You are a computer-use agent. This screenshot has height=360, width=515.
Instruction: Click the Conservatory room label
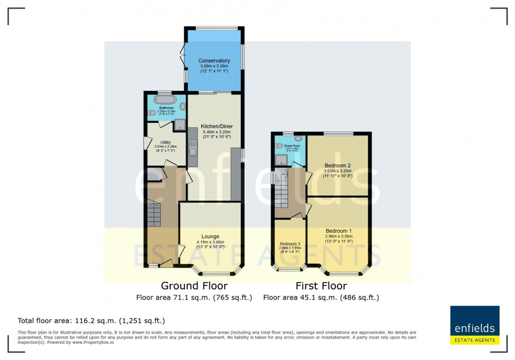[214, 61]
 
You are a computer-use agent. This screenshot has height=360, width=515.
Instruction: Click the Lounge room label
[210, 236]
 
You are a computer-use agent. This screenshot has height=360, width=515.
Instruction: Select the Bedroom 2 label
[338, 166]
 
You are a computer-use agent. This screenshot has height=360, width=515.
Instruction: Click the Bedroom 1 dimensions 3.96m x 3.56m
[338, 238]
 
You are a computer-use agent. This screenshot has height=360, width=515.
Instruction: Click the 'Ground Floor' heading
[194, 286]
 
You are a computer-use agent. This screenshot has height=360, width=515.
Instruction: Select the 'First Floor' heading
[321, 286]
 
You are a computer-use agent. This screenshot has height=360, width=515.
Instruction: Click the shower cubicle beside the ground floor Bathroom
[179, 125]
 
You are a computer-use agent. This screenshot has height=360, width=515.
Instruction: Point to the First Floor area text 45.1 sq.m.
[321, 297]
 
